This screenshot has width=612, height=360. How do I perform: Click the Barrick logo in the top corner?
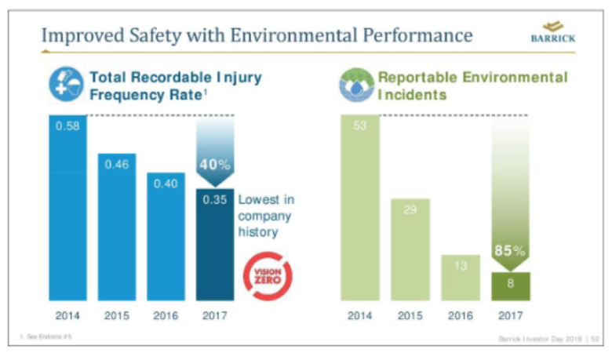coord(553,34)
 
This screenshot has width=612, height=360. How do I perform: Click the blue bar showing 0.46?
coord(117,227)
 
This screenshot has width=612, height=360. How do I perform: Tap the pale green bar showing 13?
coord(461,278)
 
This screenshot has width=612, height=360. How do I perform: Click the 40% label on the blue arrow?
coord(215,165)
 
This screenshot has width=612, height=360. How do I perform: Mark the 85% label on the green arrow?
coord(510,251)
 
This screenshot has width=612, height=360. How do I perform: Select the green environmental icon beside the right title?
coord(357,85)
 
